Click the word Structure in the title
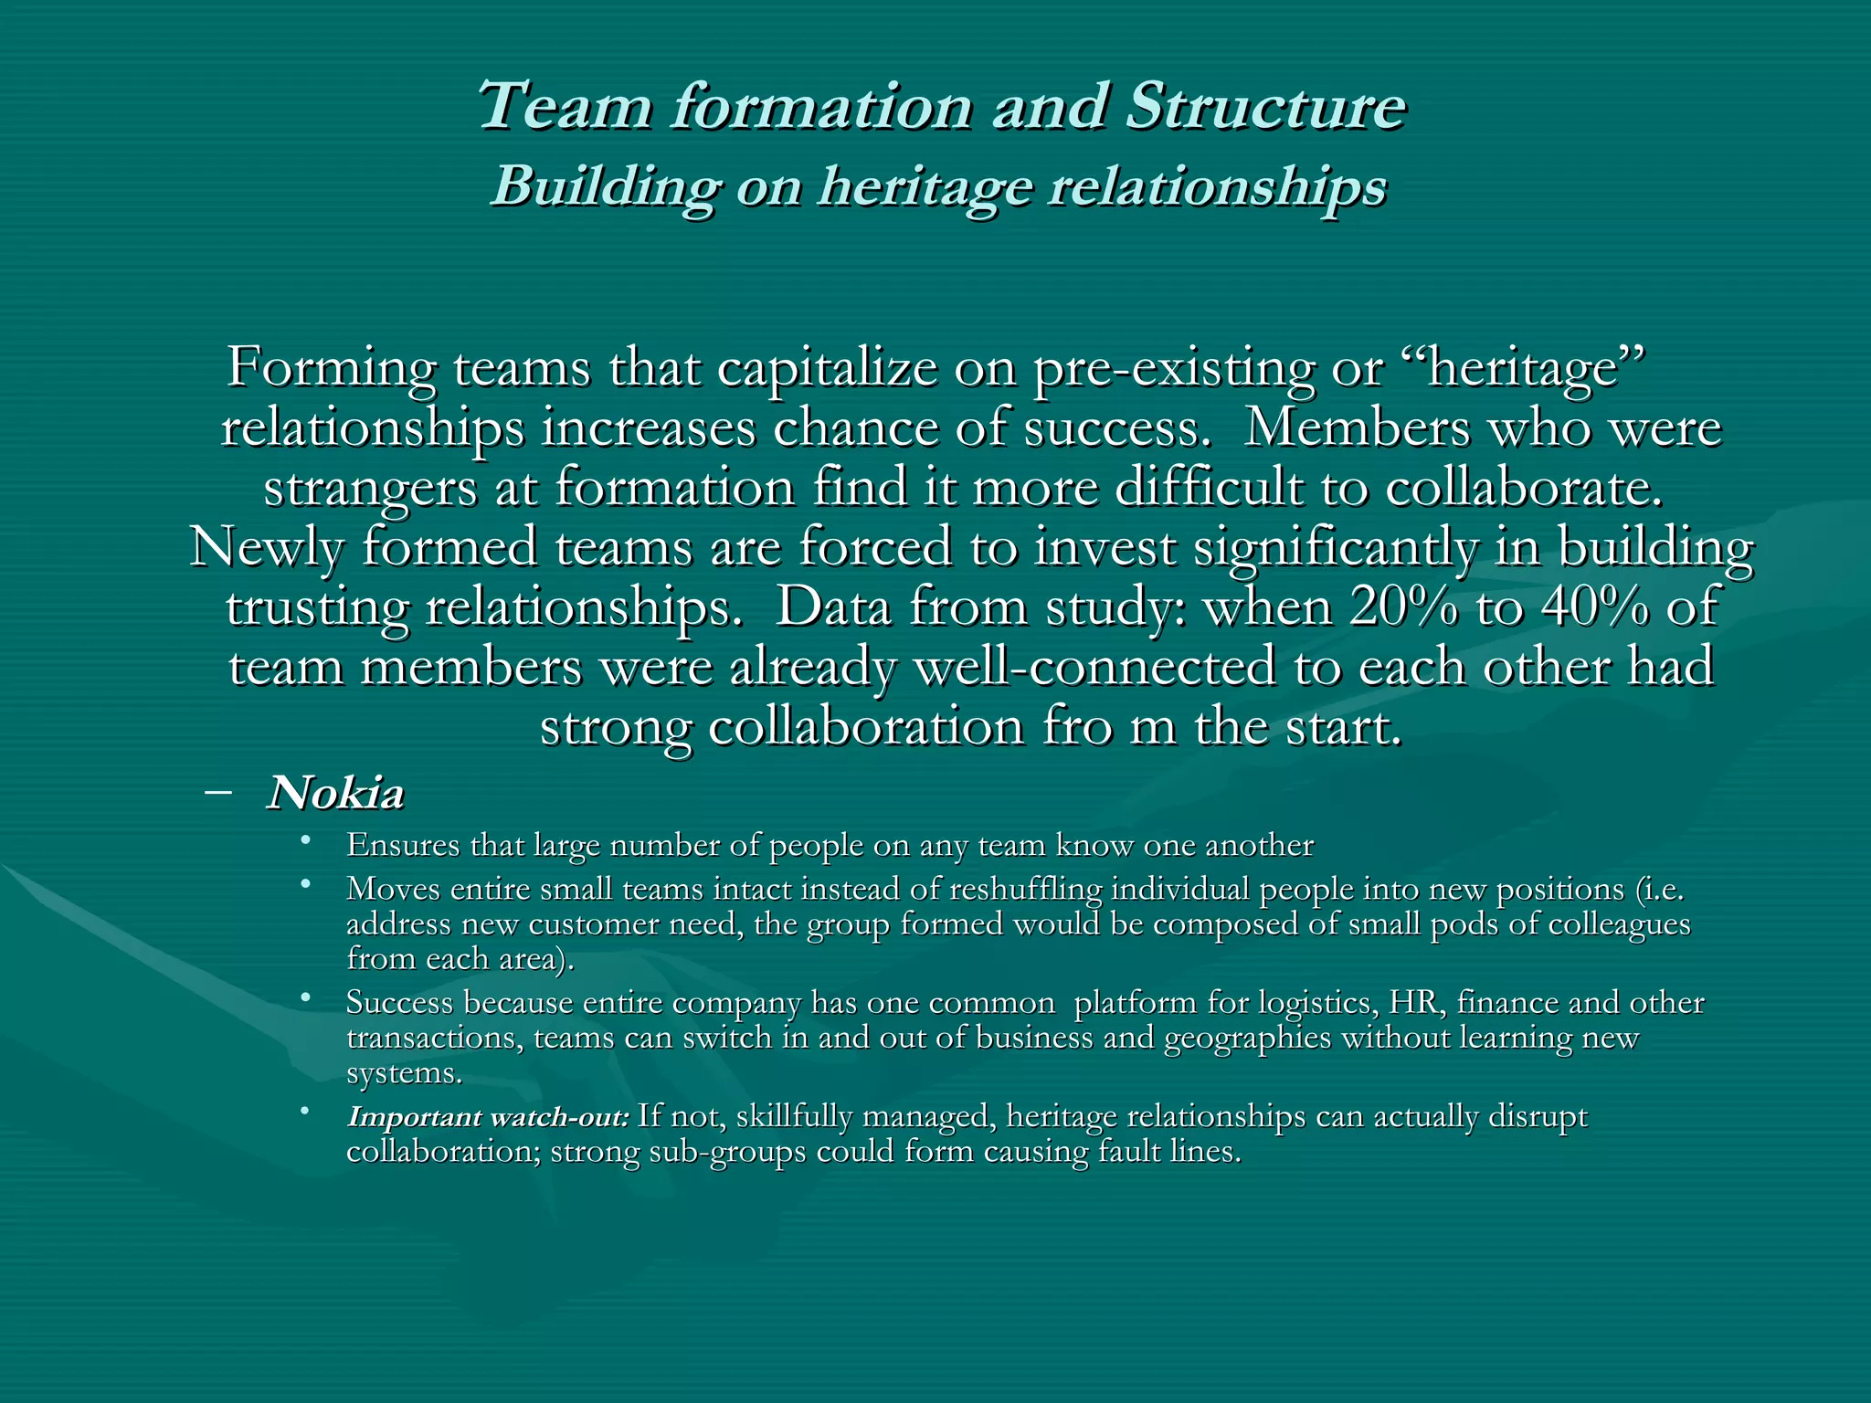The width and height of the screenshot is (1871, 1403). point(1265,107)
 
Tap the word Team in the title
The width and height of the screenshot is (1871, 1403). point(564,107)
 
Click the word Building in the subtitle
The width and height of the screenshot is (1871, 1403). point(604,188)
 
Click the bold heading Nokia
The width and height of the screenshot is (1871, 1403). point(335,794)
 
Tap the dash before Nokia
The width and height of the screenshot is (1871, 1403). point(218,792)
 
